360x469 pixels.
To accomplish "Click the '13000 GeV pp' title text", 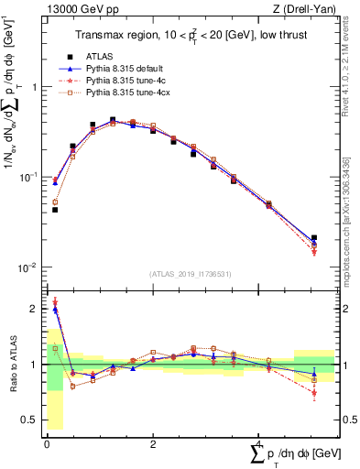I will click(80, 10).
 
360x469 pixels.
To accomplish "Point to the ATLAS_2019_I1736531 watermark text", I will click(191, 274).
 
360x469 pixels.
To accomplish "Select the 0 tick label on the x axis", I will click(47, 443).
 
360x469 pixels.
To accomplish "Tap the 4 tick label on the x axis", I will click(259, 443).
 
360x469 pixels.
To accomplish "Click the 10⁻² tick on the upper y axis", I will click(27, 267).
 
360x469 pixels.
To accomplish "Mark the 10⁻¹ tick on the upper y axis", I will click(27, 177).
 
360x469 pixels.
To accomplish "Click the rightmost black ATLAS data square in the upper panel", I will click(314, 238).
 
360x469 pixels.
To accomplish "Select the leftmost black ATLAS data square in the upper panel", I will click(55, 210).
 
